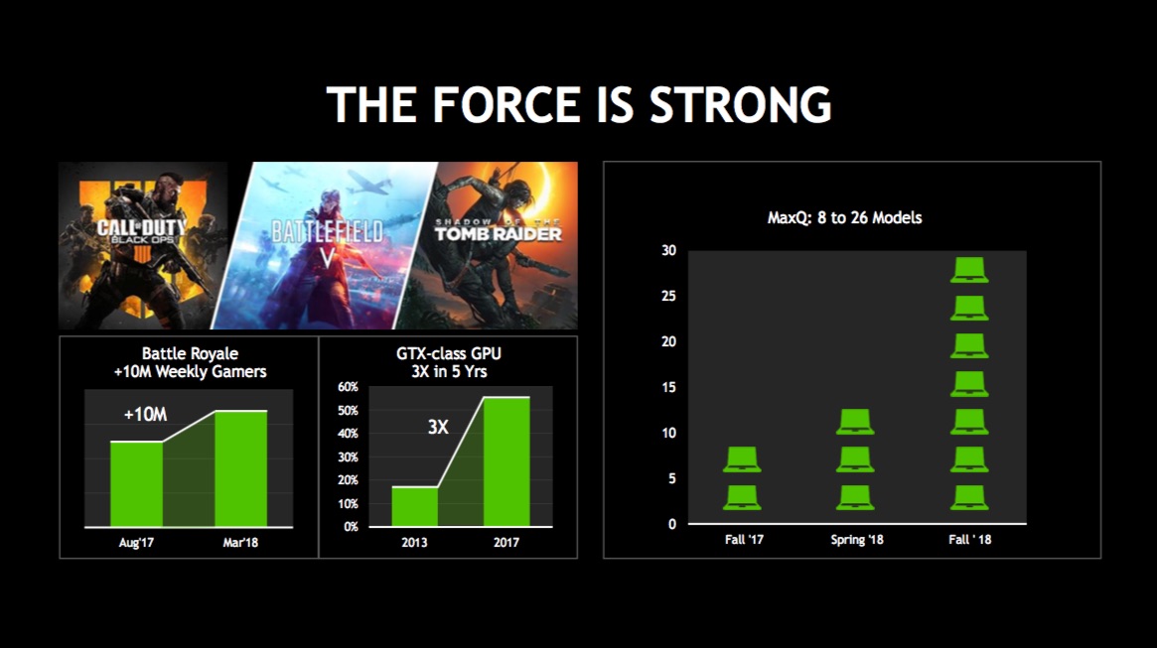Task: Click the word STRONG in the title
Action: (740, 104)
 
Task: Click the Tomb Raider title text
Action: (498, 231)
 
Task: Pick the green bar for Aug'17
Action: (136, 483)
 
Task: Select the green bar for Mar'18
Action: (241, 468)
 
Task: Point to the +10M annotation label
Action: (145, 415)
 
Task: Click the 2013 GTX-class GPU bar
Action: (415, 506)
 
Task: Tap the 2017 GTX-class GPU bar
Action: (506, 461)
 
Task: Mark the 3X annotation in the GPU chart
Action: (438, 427)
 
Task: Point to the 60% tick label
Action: (348, 387)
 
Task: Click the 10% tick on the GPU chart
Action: (348, 504)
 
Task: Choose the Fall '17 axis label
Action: (744, 540)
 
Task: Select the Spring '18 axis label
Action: (857, 540)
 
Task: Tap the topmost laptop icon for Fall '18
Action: (969, 270)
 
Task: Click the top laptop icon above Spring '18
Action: (855, 422)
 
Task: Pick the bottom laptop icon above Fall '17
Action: (742, 497)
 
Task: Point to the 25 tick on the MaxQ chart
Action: (668, 297)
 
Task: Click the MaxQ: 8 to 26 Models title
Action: (844, 217)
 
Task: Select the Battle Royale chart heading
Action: (190, 362)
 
